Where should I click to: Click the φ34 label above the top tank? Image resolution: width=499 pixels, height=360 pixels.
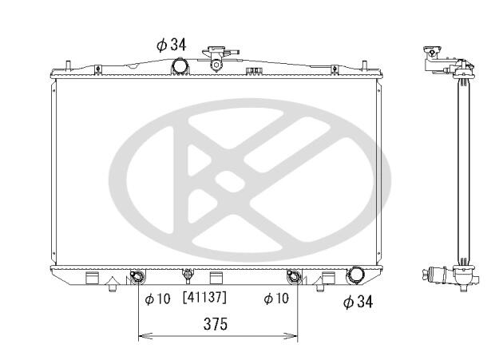(x=171, y=45)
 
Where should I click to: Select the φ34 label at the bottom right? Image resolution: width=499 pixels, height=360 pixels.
(x=358, y=302)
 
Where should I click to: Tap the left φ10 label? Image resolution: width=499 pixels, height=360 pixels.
(x=157, y=299)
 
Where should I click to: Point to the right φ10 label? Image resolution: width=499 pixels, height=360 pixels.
(x=276, y=299)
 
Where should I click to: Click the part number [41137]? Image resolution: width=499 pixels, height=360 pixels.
(x=204, y=298)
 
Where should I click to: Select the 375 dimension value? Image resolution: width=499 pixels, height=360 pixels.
(x=216, y=324)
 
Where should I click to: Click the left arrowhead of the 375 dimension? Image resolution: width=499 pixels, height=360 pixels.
(x=145, y=335)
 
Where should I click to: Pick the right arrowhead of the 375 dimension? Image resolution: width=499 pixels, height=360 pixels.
(x=291, y=335)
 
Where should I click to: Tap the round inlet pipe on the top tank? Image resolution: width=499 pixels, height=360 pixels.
(x=180, y=66)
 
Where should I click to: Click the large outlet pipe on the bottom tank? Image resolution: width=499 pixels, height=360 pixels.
(x=355, y=275)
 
